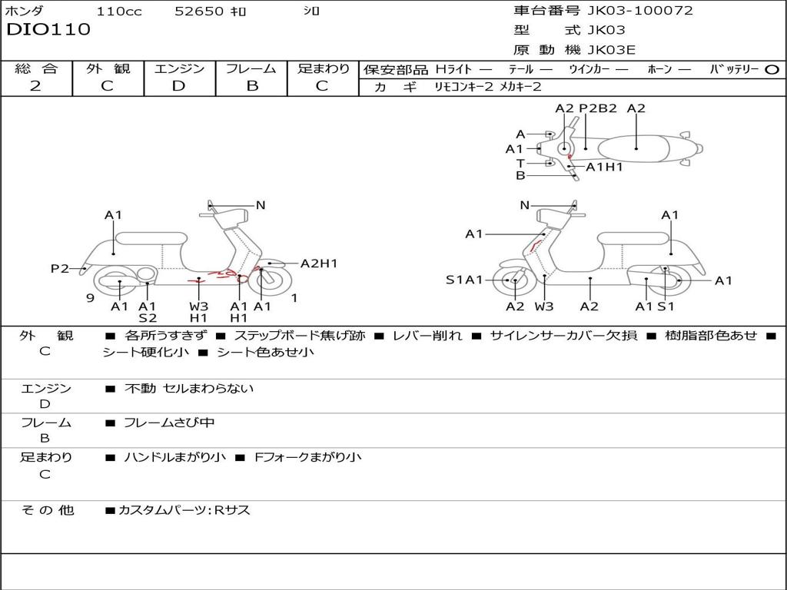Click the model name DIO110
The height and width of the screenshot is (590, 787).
[48, 30]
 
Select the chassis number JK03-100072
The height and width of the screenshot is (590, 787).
[640, 11]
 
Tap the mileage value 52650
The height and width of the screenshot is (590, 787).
[199, 12]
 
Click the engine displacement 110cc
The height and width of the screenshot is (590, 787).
[119, 12]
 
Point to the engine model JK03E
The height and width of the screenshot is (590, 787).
[612, 50]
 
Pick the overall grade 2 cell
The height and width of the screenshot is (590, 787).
[35, 86]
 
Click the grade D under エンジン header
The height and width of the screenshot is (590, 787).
[179, 86]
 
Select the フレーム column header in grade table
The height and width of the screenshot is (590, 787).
[251, 68]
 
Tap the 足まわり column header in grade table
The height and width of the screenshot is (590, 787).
[324, 68]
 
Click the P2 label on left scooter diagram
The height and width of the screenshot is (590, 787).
[60, 269]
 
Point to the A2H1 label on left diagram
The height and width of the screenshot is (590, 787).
[319, 264]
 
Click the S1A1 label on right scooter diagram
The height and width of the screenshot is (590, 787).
[464, 280]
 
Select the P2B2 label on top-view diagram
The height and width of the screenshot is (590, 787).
[598, 108]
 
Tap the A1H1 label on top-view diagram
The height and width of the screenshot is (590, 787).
[604, 167]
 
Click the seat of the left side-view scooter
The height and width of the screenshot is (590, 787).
[151, 237]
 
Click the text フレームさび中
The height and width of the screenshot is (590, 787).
[169, 423]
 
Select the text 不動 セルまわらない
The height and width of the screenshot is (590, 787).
[189, 389]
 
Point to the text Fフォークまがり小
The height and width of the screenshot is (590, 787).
[307, 457]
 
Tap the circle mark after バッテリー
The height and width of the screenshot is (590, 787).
[772, 69]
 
